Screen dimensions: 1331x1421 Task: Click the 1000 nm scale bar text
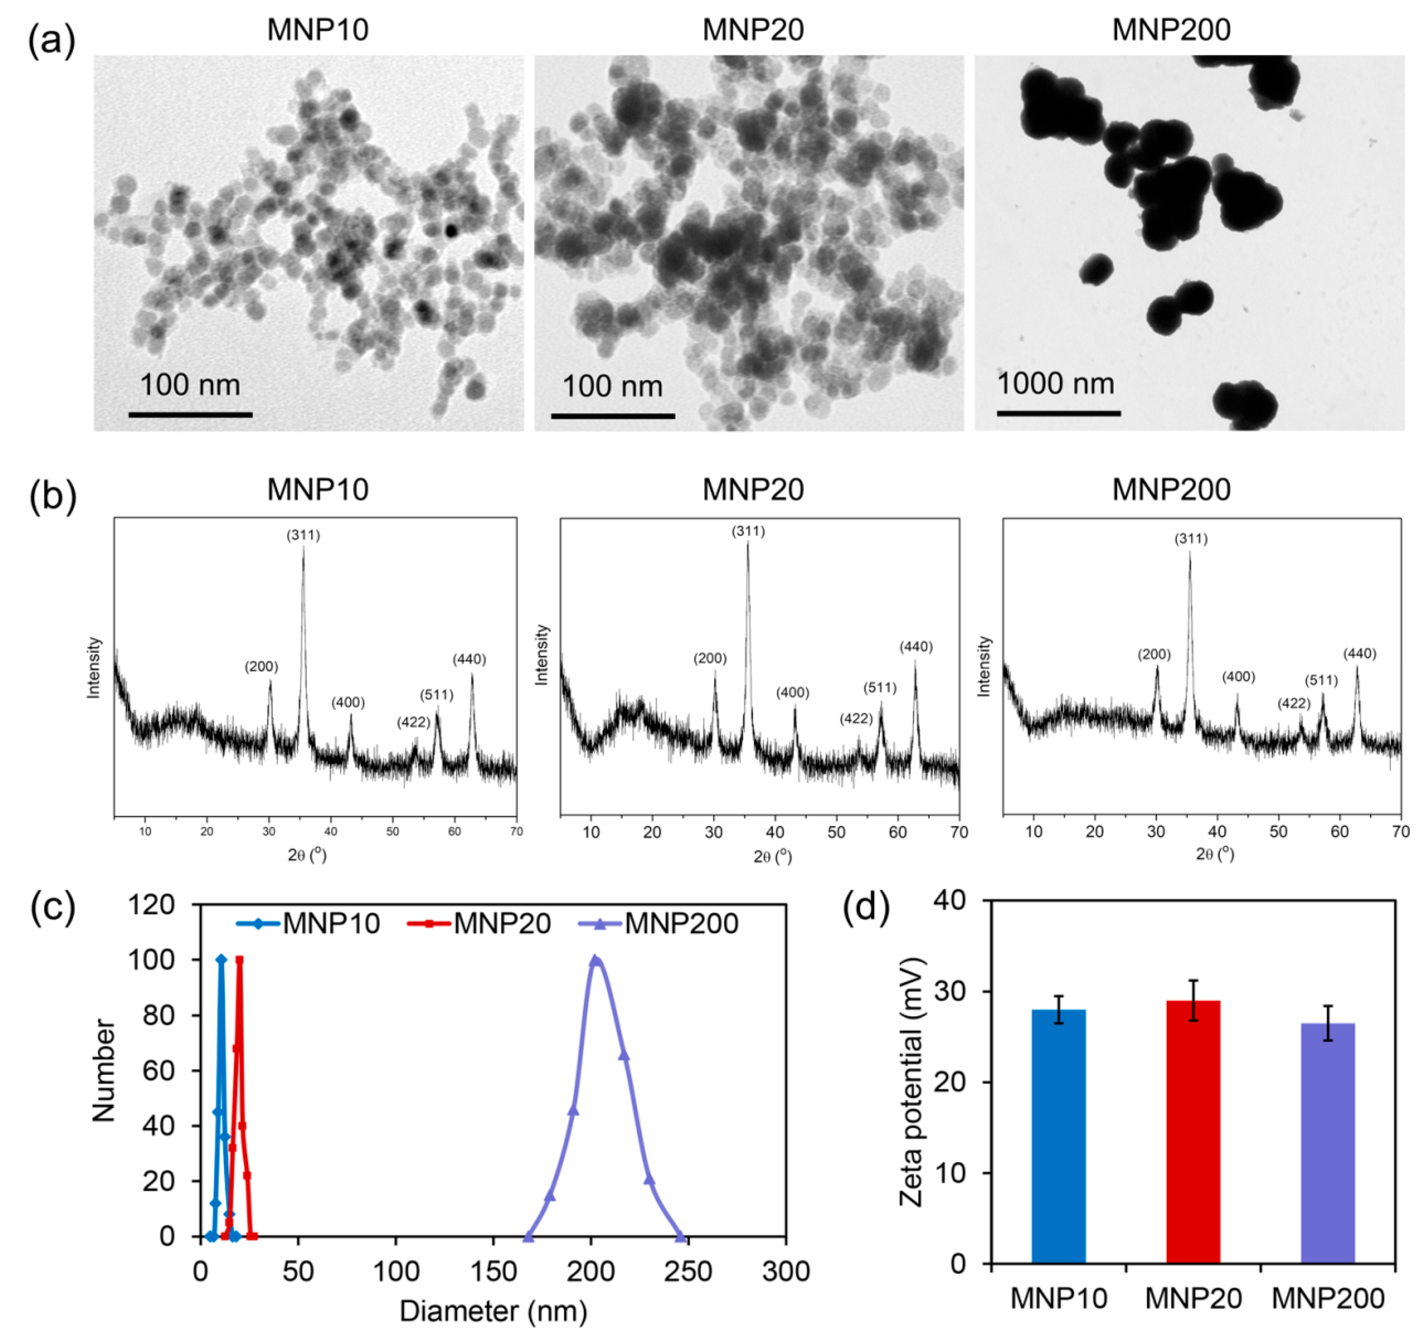click(x=1056, y=384)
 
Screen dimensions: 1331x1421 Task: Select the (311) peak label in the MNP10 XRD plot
click(x=303, y=535)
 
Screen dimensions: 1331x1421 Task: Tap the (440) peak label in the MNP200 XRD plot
click(x=1359, y=653)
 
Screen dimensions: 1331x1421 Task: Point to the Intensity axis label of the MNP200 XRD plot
click(x=984, y=666)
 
